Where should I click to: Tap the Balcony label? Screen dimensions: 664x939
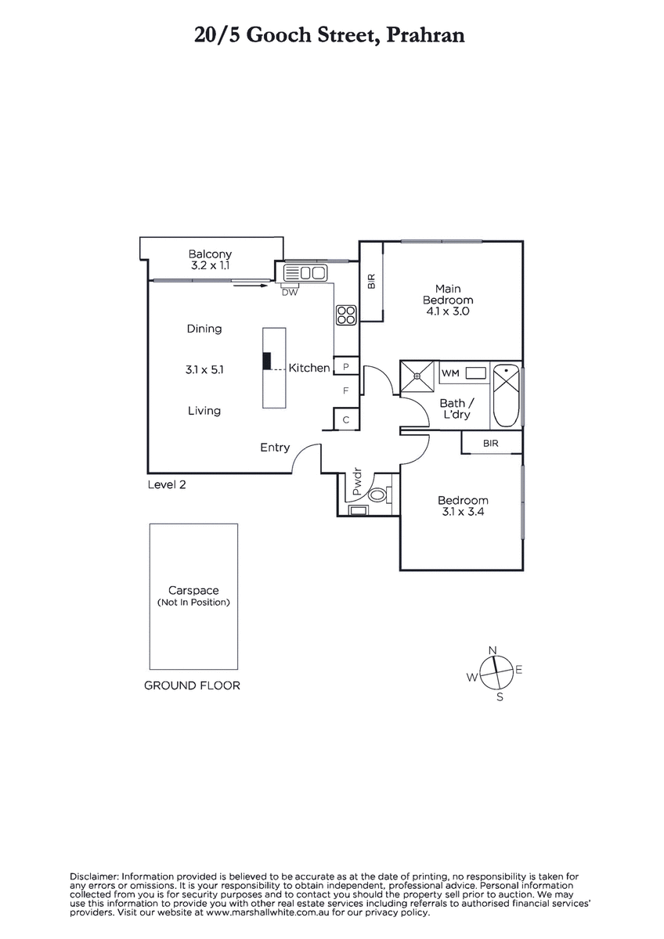(210, 254)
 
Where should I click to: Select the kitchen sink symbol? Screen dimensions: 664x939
(305, 273)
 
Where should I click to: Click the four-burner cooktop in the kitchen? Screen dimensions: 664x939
(346, 315)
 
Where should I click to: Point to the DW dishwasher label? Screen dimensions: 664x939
(290, 293)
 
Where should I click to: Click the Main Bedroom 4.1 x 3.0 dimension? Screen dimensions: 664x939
(448, 311)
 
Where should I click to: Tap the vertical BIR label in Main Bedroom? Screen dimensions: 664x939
(372, 281)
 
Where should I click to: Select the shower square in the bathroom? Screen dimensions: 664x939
(417, 377)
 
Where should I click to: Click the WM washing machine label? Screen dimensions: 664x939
(450, 373)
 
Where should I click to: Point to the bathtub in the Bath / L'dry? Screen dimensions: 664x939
(507, 397)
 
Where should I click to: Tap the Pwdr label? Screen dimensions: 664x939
(357, 482)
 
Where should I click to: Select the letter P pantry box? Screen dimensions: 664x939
(346, 367)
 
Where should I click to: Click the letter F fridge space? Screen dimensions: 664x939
(346, 390)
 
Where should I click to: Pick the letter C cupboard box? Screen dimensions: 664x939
(346, 419)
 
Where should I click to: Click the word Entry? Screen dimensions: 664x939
(275, 448)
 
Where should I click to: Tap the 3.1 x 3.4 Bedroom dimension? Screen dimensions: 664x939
(463, 512)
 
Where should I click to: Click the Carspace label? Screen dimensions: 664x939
(193, 591)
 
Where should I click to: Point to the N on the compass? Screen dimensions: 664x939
(493, 650)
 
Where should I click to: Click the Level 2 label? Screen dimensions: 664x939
(167, 484)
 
